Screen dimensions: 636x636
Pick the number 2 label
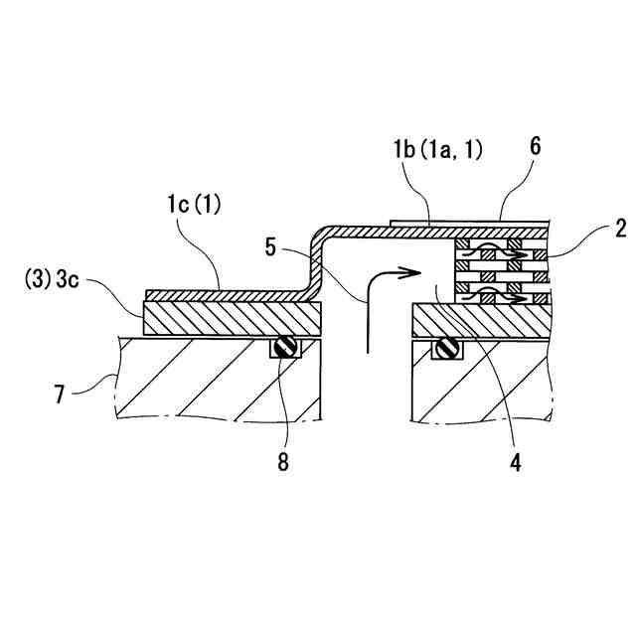620,231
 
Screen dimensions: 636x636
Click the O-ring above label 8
285,349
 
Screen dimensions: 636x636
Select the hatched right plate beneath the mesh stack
482,321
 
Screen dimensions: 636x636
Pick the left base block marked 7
219,383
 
